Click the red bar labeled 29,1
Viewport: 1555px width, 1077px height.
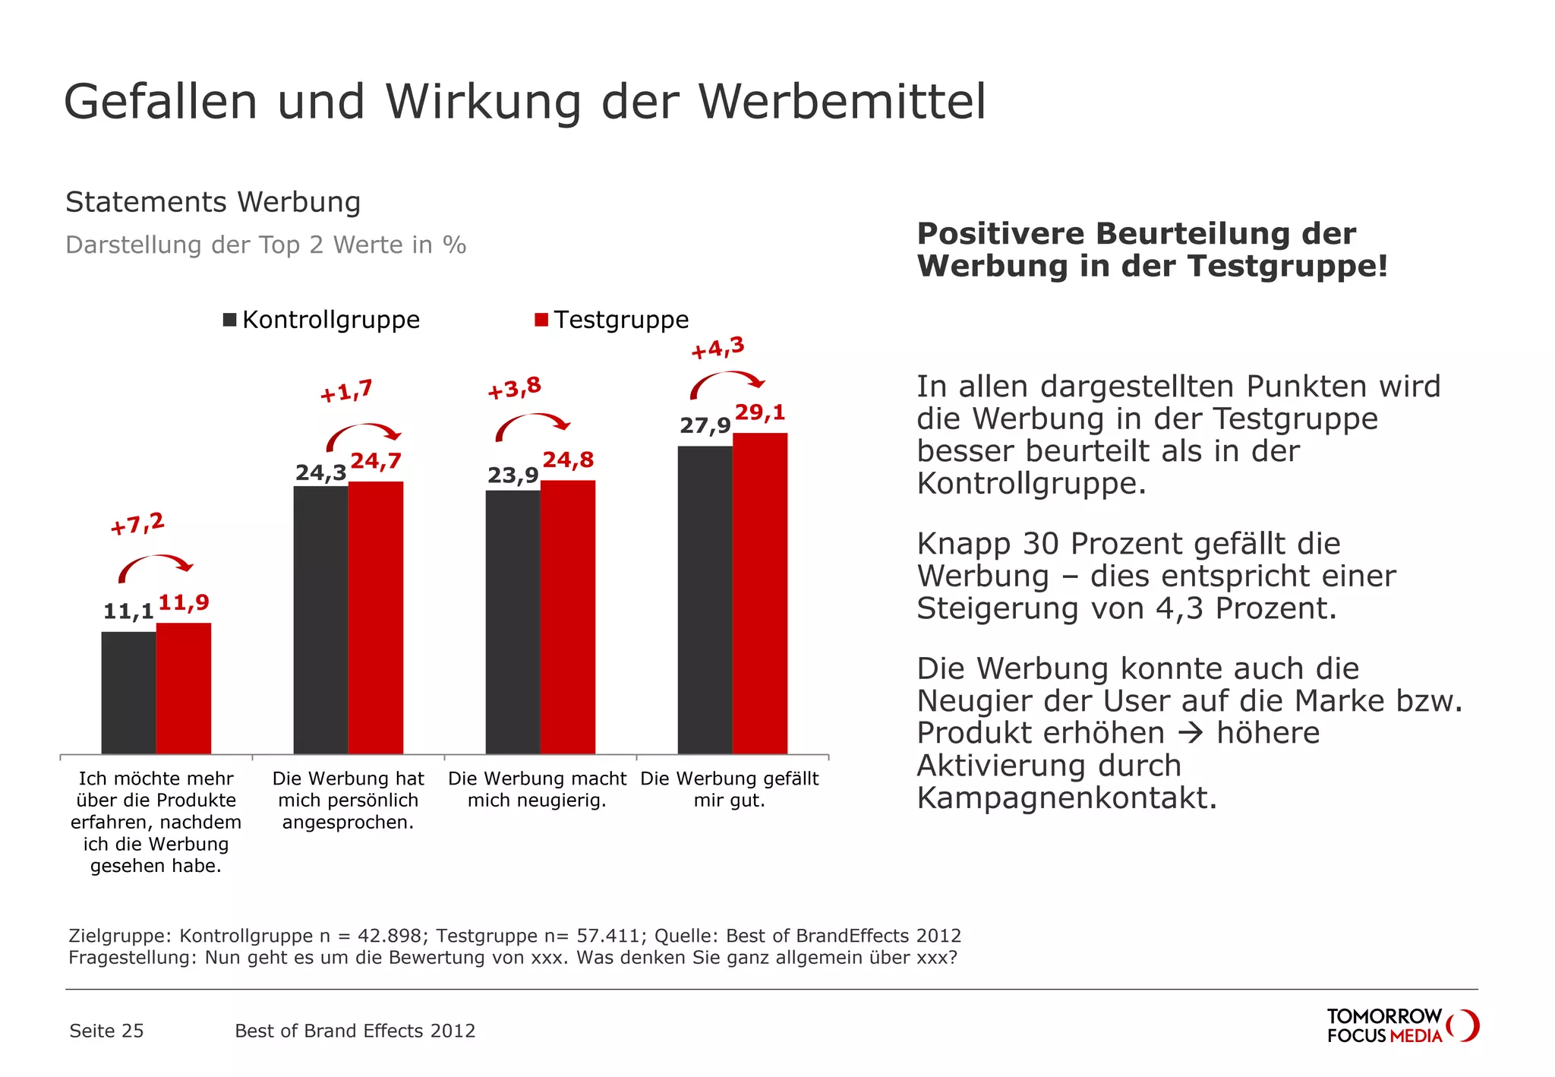point(760,592)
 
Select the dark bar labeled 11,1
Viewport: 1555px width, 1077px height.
point(128,692)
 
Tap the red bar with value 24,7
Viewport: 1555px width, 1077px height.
point(376,617)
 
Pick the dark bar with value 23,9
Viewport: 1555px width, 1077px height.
point(513,621)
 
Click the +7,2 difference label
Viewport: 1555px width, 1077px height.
point(137,524)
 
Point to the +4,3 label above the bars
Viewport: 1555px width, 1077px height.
point(718,349)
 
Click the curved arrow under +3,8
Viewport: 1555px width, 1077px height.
point(532,426)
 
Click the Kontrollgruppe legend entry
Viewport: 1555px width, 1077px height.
point(321,320)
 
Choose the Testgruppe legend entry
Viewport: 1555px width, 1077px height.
point(612,320)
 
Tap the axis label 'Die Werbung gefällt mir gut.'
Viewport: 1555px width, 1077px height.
point(729,789)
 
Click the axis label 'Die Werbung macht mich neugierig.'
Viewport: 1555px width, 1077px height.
point(537,789)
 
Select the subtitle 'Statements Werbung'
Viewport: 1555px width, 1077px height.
point(213,202)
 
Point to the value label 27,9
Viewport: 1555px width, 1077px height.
point(705,425)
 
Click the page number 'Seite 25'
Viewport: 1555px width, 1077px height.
point(106,1031)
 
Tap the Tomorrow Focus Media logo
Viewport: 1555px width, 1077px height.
point(1402,1025)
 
